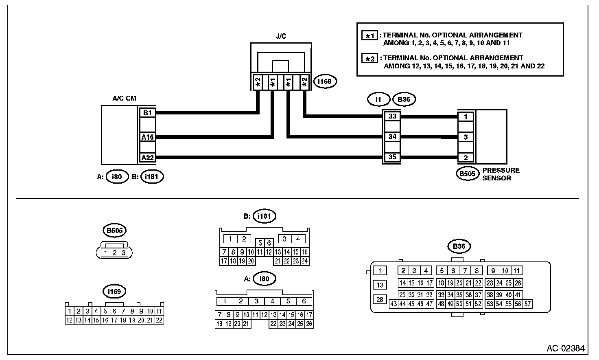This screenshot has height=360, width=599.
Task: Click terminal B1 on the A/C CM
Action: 147,113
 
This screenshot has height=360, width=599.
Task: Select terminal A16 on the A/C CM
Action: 147,137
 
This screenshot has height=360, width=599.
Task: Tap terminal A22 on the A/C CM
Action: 147,157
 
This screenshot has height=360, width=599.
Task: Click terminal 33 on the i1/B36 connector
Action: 392,116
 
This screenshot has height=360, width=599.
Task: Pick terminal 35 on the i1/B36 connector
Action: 392,157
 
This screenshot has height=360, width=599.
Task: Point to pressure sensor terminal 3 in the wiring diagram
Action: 466,137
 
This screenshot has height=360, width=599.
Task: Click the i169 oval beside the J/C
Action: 325,81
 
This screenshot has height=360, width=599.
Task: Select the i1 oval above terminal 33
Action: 379,99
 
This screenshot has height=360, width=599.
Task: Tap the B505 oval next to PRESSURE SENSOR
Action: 467,174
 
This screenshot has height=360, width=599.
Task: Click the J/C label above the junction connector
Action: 281,36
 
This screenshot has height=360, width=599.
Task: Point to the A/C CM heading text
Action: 124,98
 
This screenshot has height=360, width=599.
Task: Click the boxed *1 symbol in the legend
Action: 369,35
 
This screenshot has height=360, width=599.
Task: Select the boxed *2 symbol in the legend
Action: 369,58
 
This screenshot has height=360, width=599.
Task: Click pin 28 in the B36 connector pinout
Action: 380,299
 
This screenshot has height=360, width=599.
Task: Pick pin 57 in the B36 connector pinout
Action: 527,304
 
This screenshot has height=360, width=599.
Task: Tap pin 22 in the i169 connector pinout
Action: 159,320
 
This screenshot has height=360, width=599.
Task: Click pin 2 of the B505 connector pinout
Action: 114,252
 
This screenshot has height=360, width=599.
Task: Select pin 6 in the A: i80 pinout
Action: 304,301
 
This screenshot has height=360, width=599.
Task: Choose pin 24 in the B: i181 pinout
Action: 304,261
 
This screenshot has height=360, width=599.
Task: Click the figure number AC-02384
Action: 566,348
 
